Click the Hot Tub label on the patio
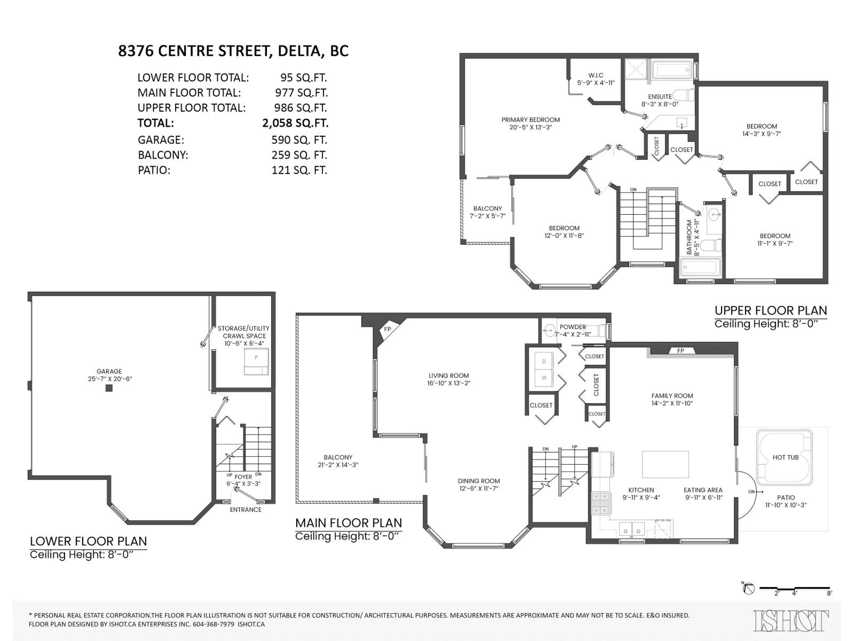pos(785,457)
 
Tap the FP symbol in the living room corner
pos(388,330)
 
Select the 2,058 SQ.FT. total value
pos(295,123)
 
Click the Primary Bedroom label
pos(530,120)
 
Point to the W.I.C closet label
pos(596,76)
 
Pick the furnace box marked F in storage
pos(257,362)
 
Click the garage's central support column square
pos(109,388)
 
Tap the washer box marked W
pos(544,378)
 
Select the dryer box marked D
pos(544,361)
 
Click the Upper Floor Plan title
pos(770,310)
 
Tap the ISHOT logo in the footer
pos(791,621)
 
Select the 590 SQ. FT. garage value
pos(299,140)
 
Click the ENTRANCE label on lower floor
pos(246,510)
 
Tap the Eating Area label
pos(702,490)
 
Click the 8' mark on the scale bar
pos(829,592)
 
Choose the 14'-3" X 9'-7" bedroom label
pos(761,130)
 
